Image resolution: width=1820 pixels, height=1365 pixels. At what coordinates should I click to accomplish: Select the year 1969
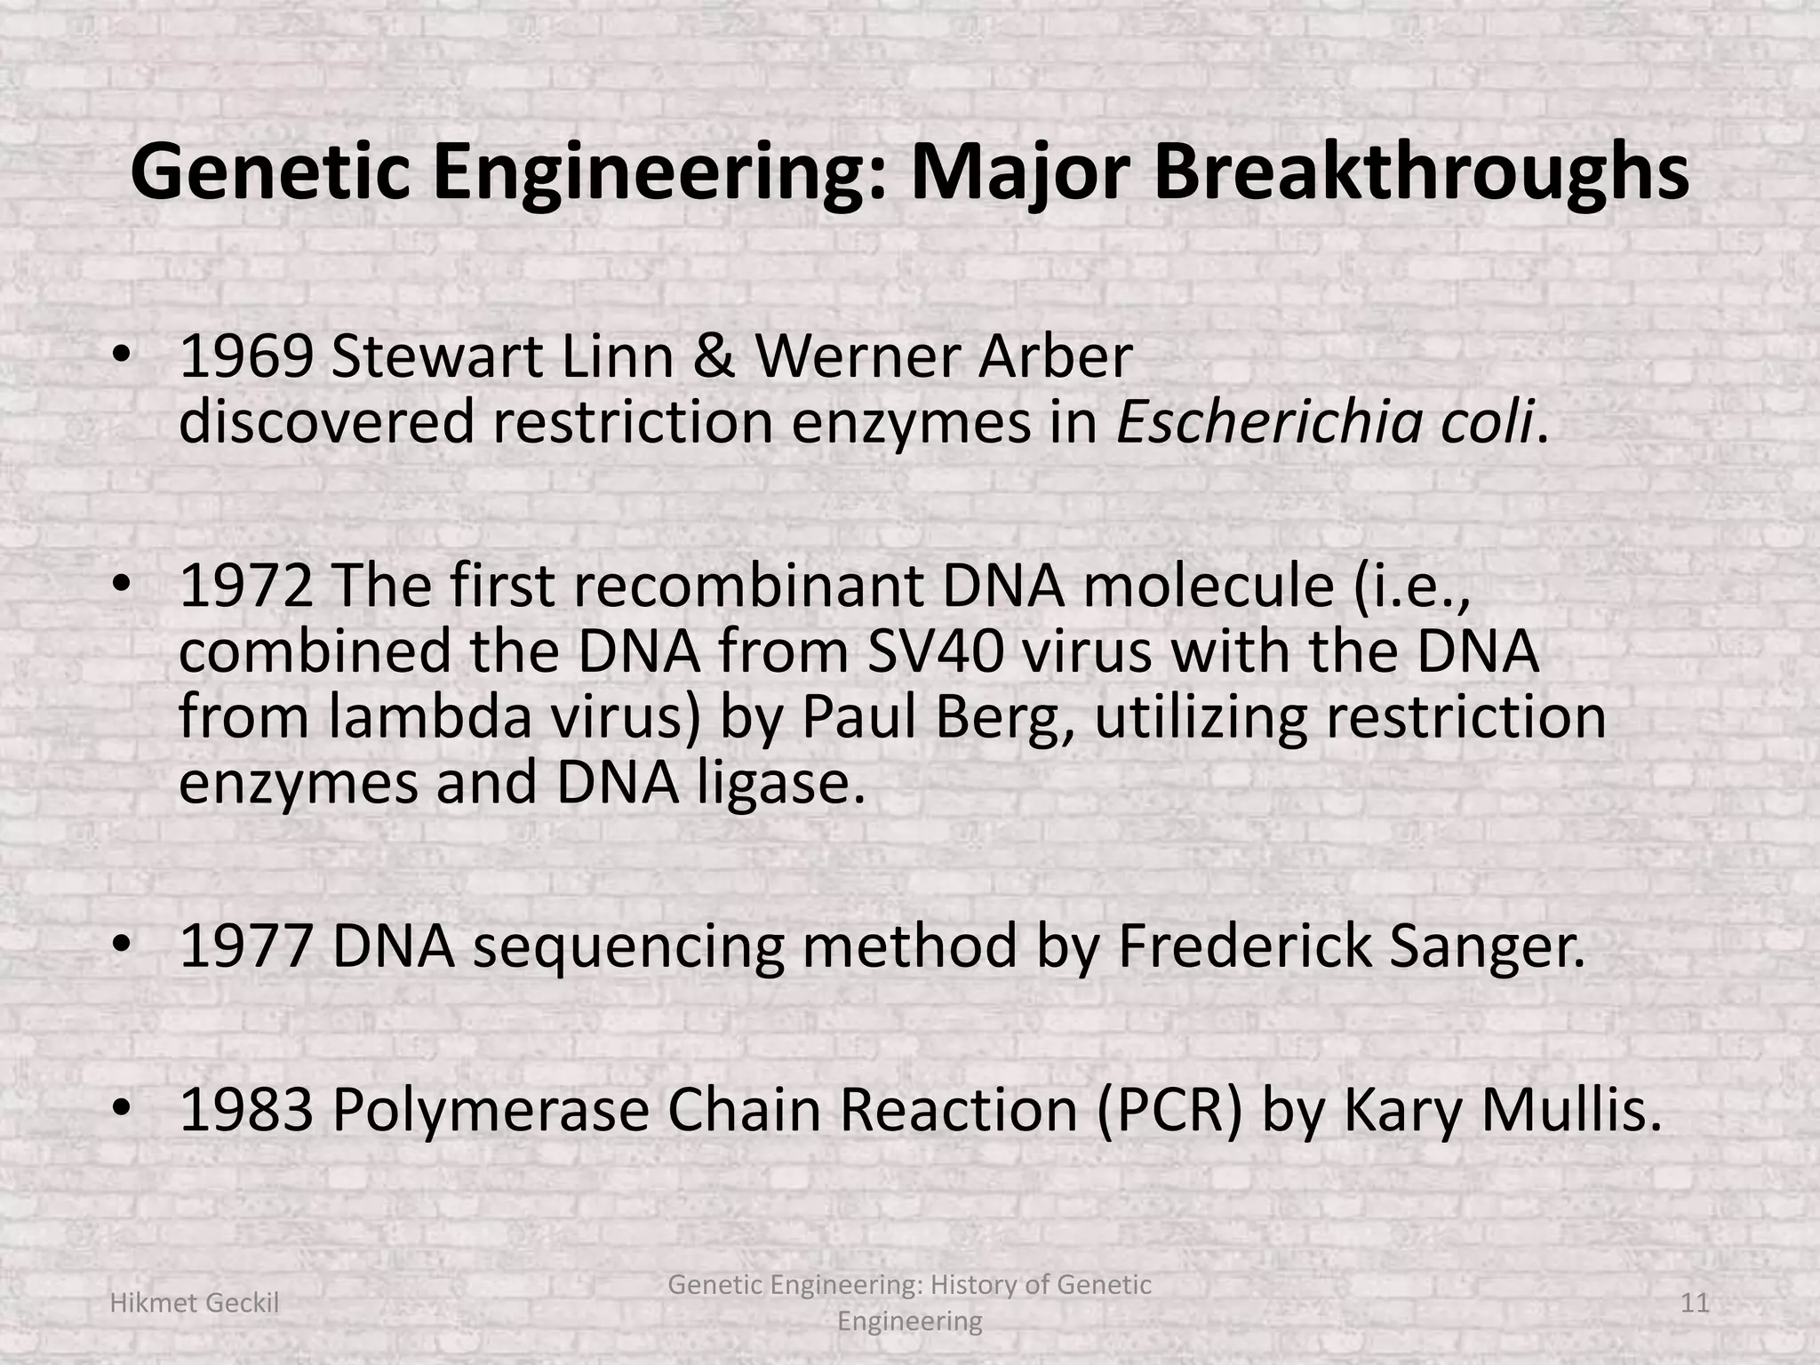(246, 357)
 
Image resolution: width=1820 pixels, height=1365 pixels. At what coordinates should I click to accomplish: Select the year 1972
(246, 587)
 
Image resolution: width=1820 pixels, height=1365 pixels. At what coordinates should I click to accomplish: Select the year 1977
(246, 947)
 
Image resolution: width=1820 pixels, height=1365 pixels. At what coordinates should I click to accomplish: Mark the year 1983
(246, 1112)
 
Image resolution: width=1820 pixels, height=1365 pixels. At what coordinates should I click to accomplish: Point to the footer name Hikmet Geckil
(194, 1304)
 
